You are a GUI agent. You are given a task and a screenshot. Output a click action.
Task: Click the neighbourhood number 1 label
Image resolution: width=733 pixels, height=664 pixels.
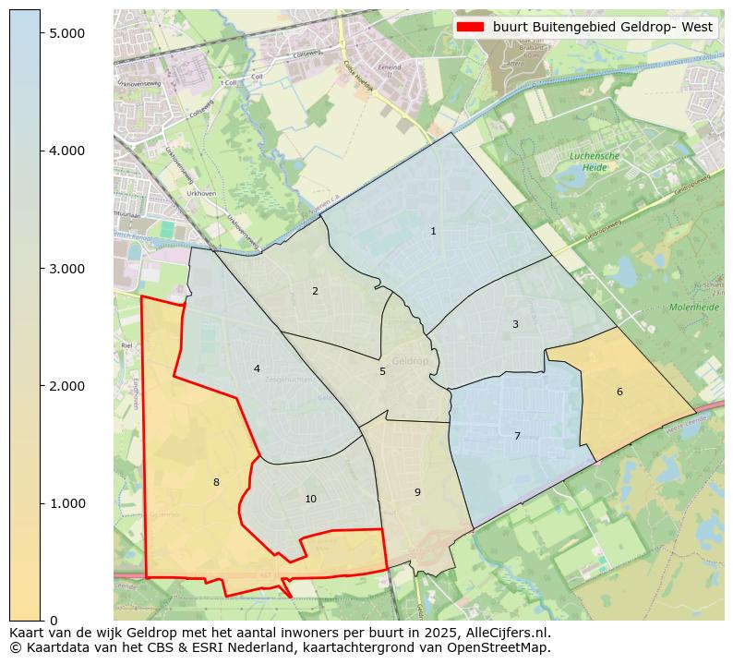[x=433, y=231]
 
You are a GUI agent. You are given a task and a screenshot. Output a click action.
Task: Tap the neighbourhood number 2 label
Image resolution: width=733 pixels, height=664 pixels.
[x=315, y=291]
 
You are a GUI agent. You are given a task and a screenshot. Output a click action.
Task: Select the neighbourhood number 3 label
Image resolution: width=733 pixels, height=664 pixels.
[x=515, y=324]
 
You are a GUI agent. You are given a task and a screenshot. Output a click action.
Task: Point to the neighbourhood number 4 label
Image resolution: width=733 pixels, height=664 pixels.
[x=257, y=368]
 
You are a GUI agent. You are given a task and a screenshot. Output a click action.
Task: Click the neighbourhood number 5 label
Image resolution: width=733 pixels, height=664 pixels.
[x=382, y=371]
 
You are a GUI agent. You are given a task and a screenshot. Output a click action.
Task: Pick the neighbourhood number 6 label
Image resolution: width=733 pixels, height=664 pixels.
[x=619, y=392]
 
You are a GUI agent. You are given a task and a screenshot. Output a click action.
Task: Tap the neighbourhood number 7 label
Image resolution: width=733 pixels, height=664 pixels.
[x=517, y=436]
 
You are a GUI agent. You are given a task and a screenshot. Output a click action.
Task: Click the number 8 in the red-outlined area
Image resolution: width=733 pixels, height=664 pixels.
[x=216, y=482]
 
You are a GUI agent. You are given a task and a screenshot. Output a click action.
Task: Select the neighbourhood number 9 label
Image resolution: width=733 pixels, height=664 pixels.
[x=417, y=492]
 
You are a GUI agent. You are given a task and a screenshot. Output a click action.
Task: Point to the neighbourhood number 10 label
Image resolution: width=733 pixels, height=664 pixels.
[x=310, y=499]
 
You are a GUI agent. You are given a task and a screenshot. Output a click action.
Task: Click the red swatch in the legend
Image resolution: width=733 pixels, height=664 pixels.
[x=470, y=27]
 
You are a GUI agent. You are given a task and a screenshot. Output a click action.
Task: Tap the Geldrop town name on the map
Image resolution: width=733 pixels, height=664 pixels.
[x=410, y=361]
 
